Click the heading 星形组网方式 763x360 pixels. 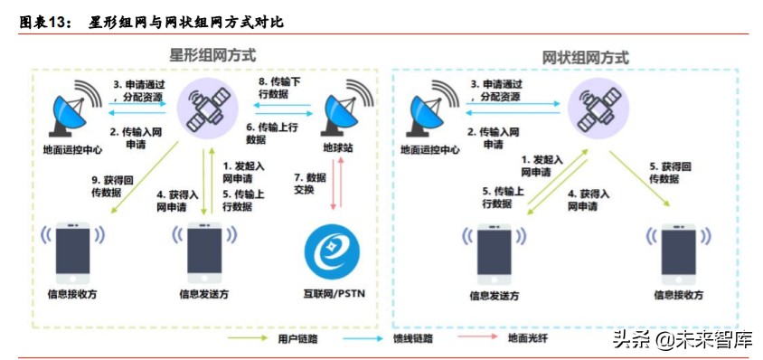click(x=212, y=54)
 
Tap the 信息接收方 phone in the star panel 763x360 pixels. click(x=73, y=249)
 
